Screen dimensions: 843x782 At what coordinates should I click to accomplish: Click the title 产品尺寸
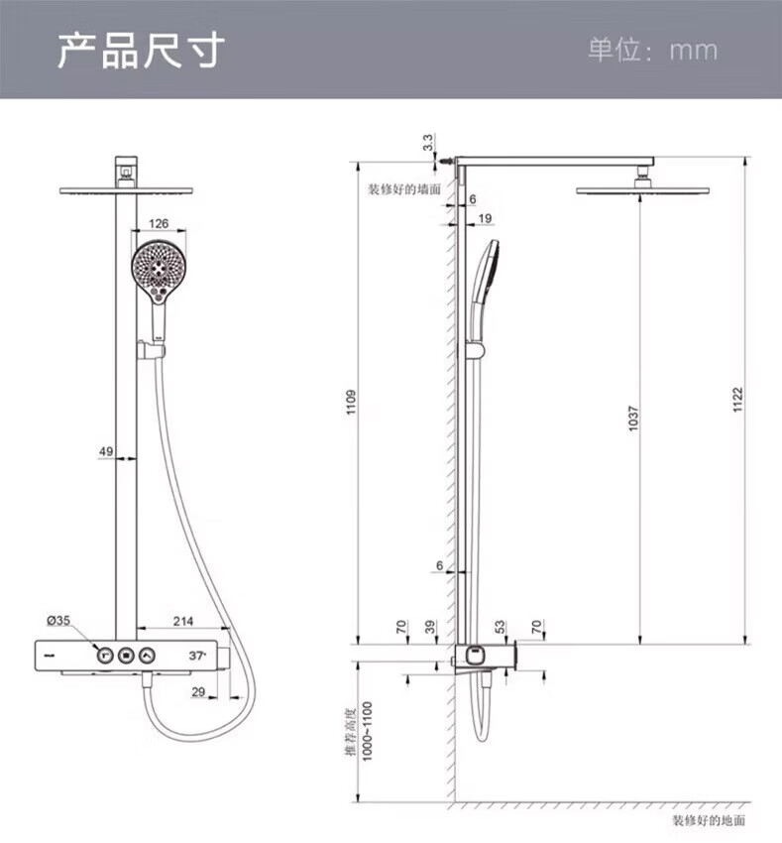click(140, 50)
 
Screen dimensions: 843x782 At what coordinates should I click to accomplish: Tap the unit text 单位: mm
click(651, 50)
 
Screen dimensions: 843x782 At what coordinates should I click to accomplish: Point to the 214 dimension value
click(182, 621)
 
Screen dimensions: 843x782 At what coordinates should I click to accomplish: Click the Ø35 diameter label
click(58, 621)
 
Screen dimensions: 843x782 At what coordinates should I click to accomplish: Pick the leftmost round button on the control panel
click(102, 656)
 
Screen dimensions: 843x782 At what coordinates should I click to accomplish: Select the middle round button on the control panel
click(125, 656)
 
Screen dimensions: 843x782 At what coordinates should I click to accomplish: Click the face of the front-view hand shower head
click(158, 268)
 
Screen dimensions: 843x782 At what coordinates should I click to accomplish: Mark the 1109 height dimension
click(352, 403)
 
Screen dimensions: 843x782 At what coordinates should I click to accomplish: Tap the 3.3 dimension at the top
click(428, 143)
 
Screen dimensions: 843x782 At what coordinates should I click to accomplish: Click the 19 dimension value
click(484, 217)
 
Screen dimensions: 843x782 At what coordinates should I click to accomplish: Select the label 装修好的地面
click(708, 820)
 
